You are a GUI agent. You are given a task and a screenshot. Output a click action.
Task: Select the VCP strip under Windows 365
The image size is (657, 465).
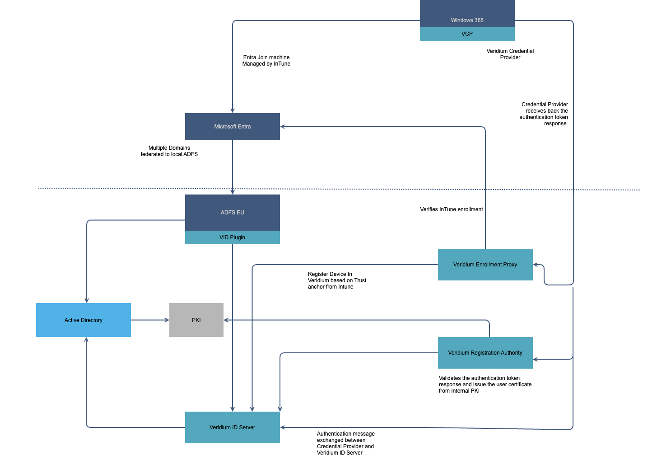[467, 34]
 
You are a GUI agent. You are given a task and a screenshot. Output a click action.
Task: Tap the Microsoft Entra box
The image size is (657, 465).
[232, 127]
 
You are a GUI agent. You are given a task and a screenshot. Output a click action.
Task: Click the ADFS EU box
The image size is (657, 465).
[232, 213]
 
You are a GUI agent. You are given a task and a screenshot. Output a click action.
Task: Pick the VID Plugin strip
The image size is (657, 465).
[232, 237]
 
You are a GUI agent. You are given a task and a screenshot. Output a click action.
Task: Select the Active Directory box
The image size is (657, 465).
[84, 320]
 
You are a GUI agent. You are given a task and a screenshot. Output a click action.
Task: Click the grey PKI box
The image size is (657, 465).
[196, 320]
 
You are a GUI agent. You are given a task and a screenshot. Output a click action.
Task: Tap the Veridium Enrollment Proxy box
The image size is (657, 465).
[485, 265]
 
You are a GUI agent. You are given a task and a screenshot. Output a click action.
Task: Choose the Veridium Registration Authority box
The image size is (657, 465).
[485, 353]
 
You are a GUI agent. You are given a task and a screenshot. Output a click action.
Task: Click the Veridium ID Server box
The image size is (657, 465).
[232, 427]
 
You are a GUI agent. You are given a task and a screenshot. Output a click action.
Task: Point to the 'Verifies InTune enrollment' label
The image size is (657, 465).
[451, 209]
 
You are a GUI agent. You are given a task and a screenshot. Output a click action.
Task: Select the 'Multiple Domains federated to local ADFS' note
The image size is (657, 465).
[169, 151]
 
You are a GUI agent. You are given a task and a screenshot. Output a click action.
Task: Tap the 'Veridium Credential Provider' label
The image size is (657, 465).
[510, 54]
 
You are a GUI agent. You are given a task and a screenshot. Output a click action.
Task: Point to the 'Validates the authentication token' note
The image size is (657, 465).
[485, 384]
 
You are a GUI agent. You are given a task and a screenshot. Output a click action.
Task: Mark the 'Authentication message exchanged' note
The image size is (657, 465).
[345, 443]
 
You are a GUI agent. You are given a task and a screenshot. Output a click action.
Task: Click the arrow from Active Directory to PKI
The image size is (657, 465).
[150, 320]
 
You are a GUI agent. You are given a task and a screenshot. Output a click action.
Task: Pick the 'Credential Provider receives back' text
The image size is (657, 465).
[544, 114]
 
